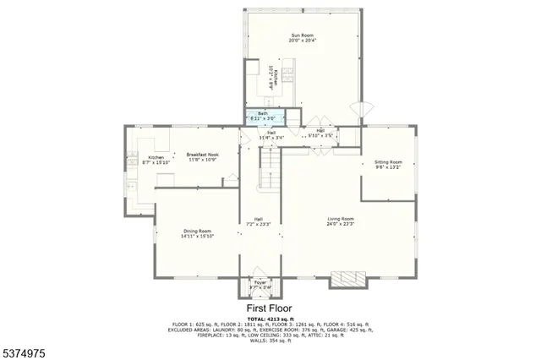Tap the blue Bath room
263,117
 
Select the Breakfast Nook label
203,155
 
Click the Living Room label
341,220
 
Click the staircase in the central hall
268,167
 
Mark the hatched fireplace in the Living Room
346,280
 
